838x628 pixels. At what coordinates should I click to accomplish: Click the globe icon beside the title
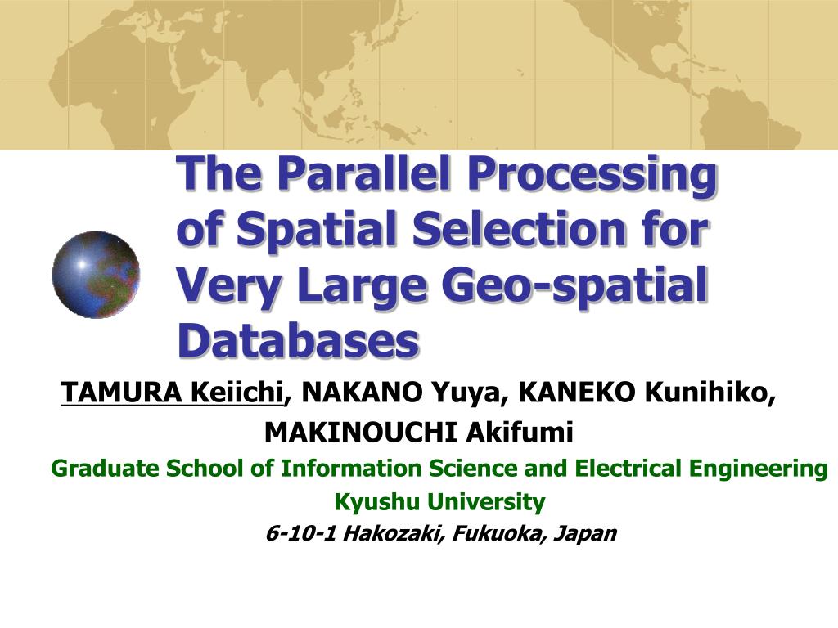96,275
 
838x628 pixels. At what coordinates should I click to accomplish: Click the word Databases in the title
298,341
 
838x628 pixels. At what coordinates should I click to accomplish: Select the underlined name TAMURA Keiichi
173,393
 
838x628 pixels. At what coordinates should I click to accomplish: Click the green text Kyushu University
439,500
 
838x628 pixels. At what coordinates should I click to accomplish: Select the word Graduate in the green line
105,469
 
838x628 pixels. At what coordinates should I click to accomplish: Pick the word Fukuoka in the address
502,533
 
